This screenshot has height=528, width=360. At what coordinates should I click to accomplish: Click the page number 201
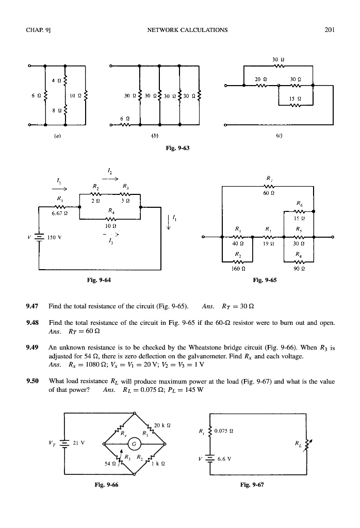(330, 29)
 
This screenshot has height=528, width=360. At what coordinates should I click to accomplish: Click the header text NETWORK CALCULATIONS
(187, 29)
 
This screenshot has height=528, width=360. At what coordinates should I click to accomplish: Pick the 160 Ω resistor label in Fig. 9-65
(237, 268)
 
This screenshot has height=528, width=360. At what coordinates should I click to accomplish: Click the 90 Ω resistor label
(299, 268)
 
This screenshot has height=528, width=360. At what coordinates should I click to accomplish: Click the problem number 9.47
(32, 306)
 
